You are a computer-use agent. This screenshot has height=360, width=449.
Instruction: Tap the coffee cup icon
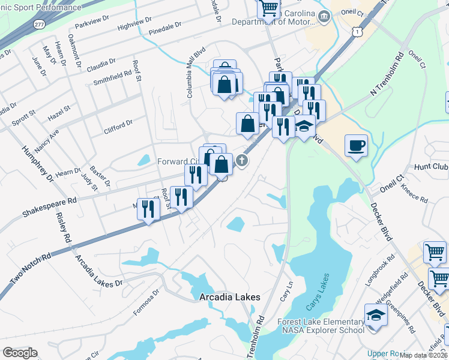tap(356, 145)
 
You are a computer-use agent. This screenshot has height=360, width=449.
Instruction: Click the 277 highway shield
tap(39, 24)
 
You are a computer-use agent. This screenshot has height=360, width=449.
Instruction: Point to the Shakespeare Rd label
tap(50, 207)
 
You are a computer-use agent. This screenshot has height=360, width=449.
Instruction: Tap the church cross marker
tap(241, 160)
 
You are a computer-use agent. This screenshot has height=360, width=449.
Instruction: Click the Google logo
tap(20, 353)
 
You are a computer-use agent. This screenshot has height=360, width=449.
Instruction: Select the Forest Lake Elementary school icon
tap(375, 315)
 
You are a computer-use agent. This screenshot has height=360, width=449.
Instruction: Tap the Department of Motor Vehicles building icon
tap(325, 16)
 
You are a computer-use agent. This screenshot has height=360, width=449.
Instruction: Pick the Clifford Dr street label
tap(118, 125)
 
